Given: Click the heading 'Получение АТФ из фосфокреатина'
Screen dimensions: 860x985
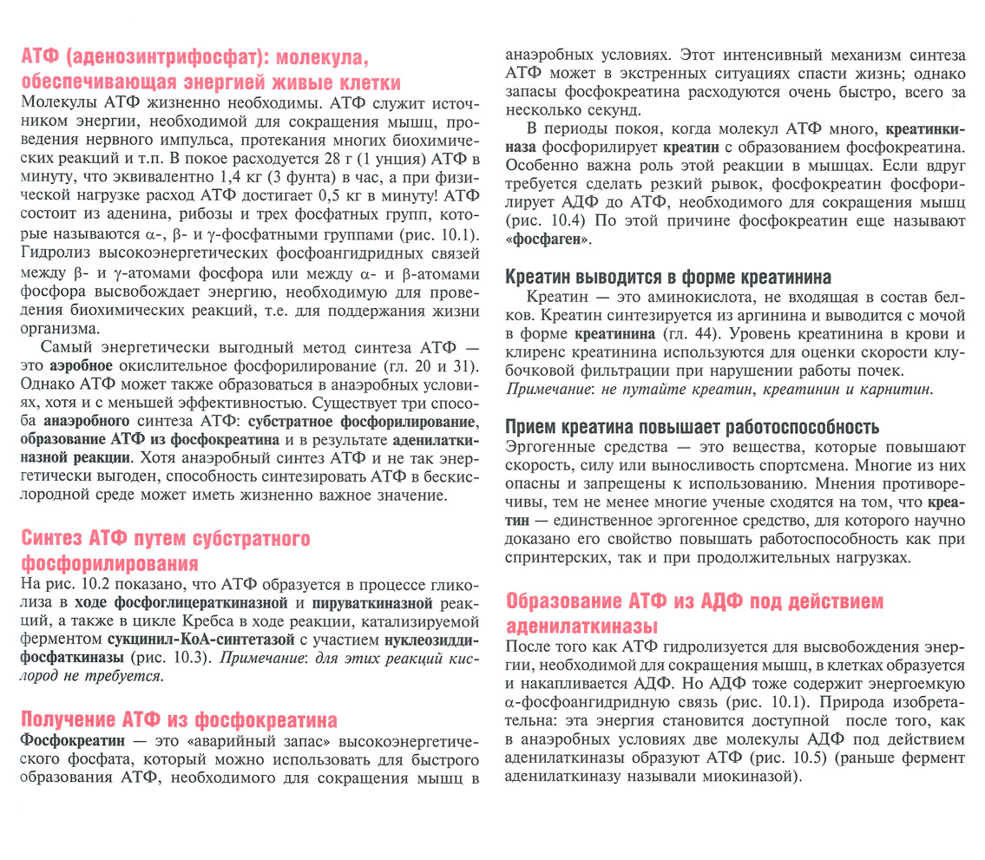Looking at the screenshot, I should (x=179, y=719).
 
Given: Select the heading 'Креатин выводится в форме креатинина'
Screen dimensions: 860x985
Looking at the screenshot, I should (x=668, y=277).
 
